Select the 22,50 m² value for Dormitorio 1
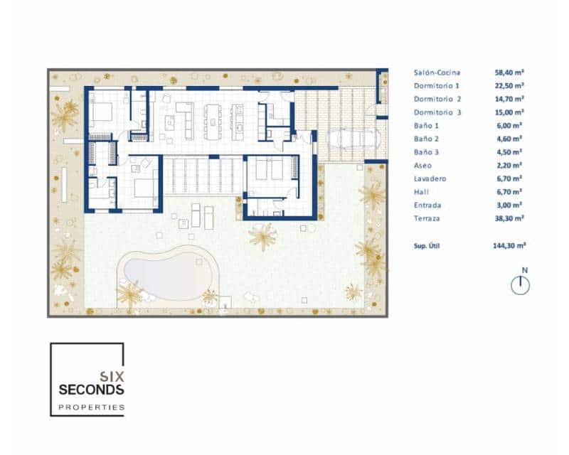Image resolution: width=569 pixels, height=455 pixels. (509, 85)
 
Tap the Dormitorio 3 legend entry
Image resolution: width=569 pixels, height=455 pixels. (437, 112)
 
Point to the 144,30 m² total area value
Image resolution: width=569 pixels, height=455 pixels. (510, 245)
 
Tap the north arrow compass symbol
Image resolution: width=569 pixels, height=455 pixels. (521, 285)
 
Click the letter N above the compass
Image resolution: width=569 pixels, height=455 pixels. (524, 269)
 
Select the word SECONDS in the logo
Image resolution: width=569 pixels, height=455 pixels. (91, 390)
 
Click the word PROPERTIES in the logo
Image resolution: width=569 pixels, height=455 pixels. (91, 407)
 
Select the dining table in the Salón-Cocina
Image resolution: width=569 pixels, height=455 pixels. (213, 122)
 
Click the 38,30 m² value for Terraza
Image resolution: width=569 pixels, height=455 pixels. (509, 219)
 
